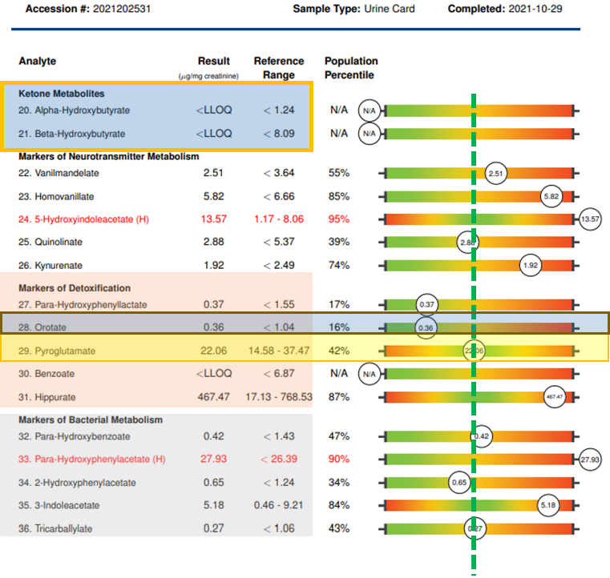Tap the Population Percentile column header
(351, 68)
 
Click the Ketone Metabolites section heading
(62, 94)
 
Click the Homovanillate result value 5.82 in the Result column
(213, 195)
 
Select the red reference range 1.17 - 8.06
(279, 219)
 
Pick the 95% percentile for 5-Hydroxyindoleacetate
(339, 219)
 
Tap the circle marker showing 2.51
(496, 172)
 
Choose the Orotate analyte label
(49, 327)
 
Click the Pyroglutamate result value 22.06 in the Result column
(213, 351)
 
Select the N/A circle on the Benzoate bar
(369, 373)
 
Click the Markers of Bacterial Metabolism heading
(91, 419)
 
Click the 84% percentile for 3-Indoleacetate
(339, 505)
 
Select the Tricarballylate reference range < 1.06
(279, 528)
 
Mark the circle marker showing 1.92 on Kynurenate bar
(531, 265)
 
